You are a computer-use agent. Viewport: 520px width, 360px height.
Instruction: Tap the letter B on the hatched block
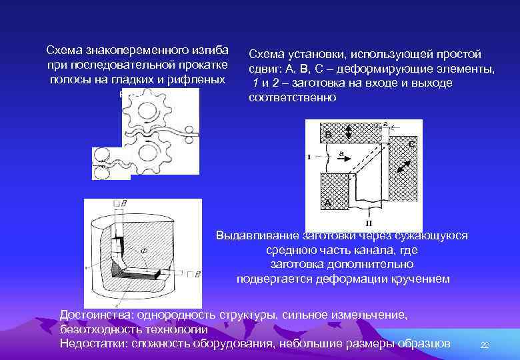click(x=328, y=134)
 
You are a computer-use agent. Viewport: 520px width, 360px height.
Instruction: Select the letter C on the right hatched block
click(x=412, y=143)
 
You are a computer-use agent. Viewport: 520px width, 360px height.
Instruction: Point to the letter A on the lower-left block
click(x=327, y=202)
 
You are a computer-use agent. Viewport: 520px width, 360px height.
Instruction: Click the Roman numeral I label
click(x=309, y=157)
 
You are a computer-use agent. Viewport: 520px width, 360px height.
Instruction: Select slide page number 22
click(x=485, y=345)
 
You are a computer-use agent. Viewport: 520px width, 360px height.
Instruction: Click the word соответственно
click(x=293, y=97)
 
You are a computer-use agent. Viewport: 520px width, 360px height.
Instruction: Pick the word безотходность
click(x=100, y=329)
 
